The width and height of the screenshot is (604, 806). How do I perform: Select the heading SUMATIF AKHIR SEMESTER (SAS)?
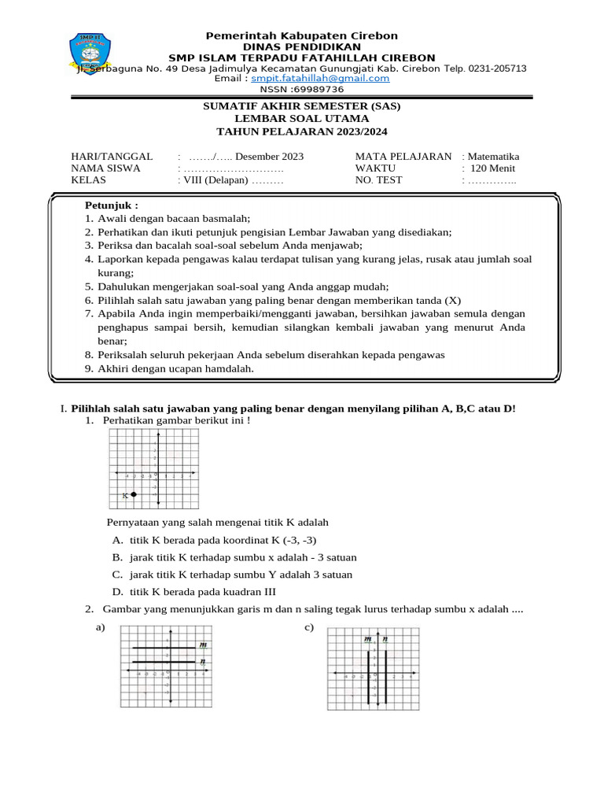(301, 106)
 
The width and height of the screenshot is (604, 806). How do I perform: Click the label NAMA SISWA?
(105, 168)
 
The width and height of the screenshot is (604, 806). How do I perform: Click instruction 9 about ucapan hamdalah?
(175, 368)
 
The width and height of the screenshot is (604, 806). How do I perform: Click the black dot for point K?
(134, 494)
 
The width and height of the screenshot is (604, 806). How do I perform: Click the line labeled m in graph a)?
(165, 649)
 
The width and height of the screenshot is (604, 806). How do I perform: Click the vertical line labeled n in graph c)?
(385, 677)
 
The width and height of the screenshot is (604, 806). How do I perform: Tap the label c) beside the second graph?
(309, 627)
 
